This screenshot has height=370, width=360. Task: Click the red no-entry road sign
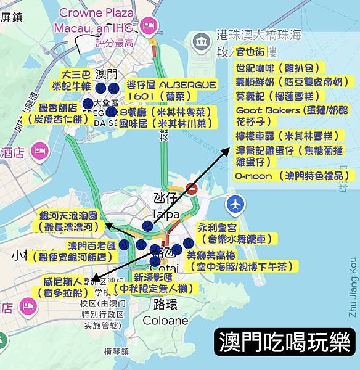tap(192, 189)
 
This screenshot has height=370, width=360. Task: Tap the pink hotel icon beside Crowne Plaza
tap(148, 25)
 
